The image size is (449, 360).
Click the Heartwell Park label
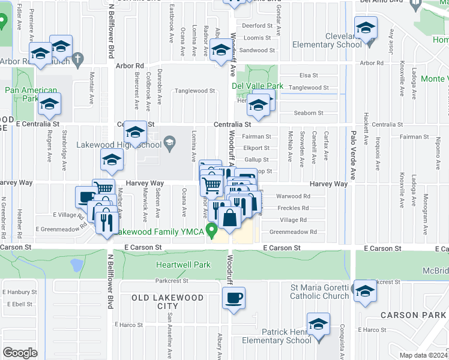coord(183,265)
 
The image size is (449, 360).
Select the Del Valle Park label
coord(258,86)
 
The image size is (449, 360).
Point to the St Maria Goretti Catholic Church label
coord(319,291)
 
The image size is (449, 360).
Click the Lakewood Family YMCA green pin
coord(211,230)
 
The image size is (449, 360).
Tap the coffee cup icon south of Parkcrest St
coord(233,298)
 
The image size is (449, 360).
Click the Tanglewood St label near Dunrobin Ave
coord(194,91)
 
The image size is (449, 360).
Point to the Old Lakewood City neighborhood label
coord(160,302)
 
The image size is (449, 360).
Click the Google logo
coord(20,352)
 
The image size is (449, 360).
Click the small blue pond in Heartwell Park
coord(77,265)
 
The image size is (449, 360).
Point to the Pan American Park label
coord(26,89)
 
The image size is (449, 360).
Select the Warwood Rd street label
coord(293,196)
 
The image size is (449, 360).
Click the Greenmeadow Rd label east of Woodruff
coord(293,232)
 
